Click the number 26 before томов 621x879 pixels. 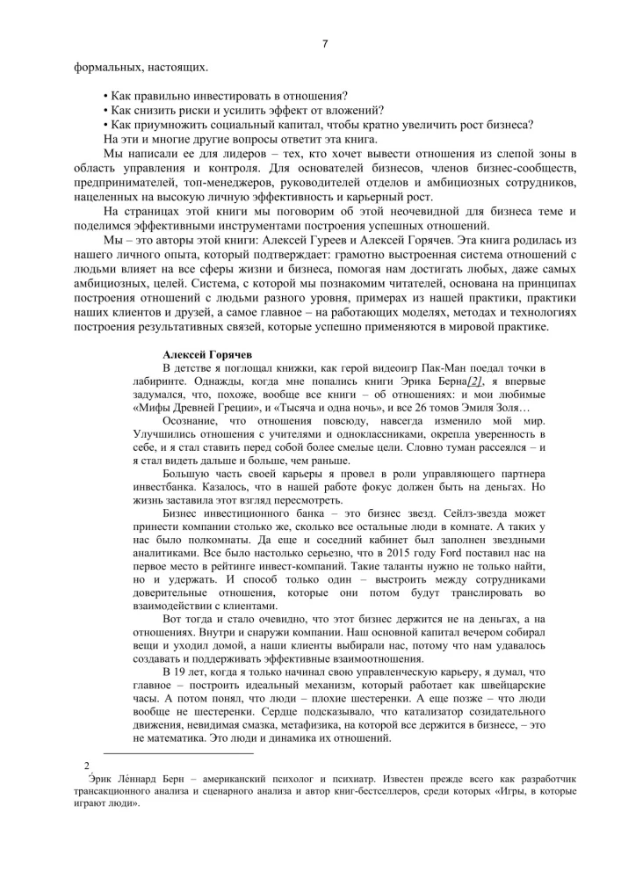coord(418,410)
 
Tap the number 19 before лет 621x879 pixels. coord(179,672)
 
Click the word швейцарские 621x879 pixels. coord(513,686)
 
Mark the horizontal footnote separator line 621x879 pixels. coord(178,753)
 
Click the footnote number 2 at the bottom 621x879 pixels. coord(85,766)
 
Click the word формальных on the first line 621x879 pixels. coord(104,66)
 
